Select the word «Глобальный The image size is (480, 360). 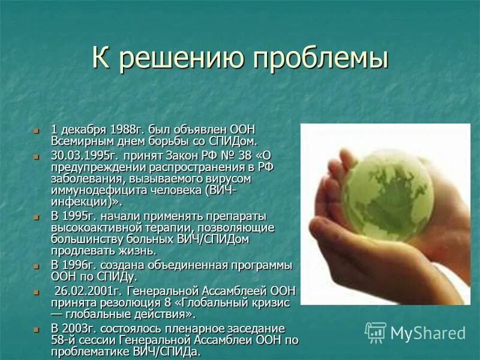213,302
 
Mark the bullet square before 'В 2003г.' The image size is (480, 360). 37,329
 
